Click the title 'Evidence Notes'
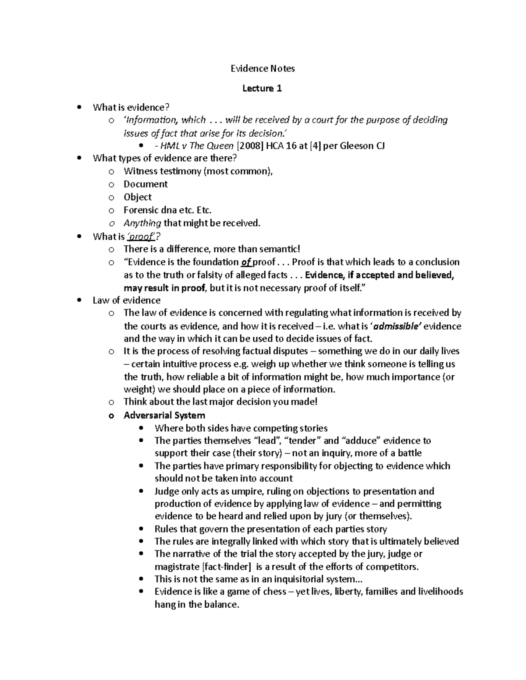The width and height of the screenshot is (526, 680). pyautogui.click(x=263, y=68)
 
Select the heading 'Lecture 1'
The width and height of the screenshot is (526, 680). pyautogui.click(x=262, y=88)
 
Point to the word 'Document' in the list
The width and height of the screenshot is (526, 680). pyautogui.click(x=146, y=184)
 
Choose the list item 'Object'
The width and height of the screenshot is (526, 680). pyautogui.click(x=138, y=197)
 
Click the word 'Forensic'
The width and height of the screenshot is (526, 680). pyautogui.click(x=141, y=210)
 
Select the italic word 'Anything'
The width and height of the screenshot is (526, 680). pyautogui.click(x=142, y=223)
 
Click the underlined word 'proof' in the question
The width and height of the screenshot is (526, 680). pyautogui.click(x=141, y=237)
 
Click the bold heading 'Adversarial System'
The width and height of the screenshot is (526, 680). pyautogui.click(x=164, y=415)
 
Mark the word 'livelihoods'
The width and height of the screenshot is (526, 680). pyautogui.click(x=441, y=592)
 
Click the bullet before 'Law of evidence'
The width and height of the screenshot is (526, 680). pyautogui.click(x=79, y=300)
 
